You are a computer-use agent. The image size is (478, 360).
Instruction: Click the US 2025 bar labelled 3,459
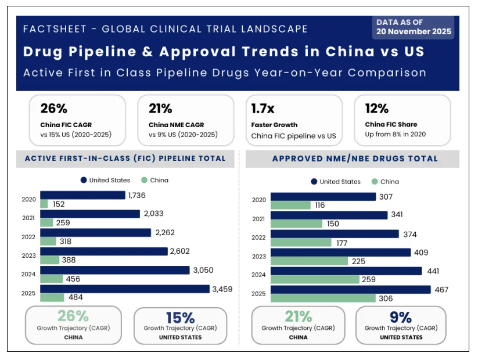(x=125, y=289)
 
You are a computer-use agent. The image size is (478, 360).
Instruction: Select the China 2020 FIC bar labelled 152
(x=44, y=204)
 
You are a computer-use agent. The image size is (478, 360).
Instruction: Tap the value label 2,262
(x=165, y=233)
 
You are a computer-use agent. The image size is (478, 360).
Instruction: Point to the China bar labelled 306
(x=323, y=298)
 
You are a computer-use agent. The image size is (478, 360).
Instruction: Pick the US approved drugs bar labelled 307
(x=323, y=197)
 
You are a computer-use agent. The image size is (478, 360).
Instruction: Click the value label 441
(x=433, y=271)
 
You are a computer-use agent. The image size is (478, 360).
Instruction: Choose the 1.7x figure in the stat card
(x=263, y=109)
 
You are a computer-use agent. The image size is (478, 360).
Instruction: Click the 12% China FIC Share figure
(x=377, y=109)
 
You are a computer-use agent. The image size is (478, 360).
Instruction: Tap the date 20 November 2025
(x=414, y=32)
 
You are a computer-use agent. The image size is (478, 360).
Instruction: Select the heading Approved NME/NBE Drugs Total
(x=355, y=159)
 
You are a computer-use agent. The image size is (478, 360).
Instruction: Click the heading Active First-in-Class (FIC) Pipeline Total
(x=125, y=159)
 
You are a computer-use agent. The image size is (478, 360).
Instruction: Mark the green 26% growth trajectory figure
(x=73, y=316)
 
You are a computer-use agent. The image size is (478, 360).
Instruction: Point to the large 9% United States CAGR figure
(x=401, y=318)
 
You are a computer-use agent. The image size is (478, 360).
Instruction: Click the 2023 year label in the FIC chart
(x=28, y=255)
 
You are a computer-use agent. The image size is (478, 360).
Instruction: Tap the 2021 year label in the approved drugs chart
(x=258, y=219)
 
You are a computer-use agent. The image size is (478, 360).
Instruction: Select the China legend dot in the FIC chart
(x=144, y=180)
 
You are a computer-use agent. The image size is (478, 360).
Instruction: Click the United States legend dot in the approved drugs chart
(x=314, y=182)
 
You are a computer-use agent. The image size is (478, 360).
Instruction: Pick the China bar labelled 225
(x=309, y=261)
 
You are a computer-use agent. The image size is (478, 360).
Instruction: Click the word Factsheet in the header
(x=55, y=29)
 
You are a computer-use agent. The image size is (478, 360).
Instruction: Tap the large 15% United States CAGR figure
(x=180, y=318)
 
